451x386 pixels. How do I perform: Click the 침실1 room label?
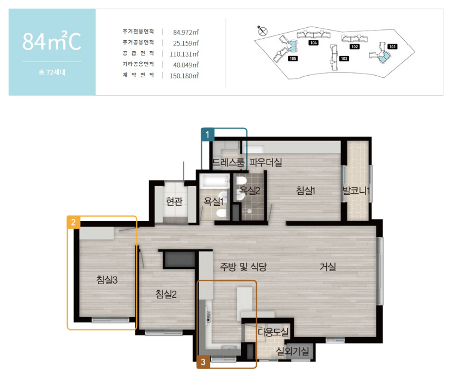[305, 191]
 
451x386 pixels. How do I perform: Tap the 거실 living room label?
[328, 267]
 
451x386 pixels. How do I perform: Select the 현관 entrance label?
[174, 201]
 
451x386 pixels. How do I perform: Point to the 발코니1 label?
[356, 191]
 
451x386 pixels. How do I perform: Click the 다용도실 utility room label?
[273, 332]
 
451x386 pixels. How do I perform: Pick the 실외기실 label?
[292, 351]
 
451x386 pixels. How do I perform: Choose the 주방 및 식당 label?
[243, 267]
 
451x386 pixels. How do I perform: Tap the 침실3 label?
[107, 280]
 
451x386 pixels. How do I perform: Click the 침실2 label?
[166, 294]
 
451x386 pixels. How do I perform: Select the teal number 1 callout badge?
[207, 134]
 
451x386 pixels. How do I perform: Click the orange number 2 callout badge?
[73, 222]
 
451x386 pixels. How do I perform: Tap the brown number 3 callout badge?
[203, 362]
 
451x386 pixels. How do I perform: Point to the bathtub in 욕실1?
[215, 181]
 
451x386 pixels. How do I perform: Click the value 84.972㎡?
[186, 32]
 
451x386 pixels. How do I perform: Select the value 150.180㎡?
[184, 76]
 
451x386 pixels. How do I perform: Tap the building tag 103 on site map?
[344, 58]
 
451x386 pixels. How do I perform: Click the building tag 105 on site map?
[293, 58]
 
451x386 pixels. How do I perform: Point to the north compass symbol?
[262, 30]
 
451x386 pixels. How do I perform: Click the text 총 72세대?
[52, 72]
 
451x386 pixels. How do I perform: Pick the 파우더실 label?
[265, 162]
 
